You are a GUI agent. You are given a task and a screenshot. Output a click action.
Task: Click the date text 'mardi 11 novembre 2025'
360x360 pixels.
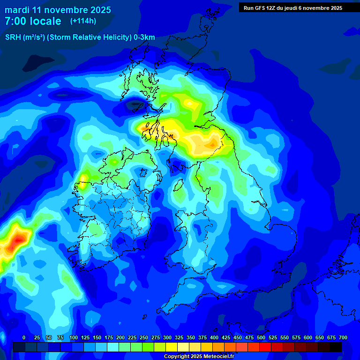pos(58,10)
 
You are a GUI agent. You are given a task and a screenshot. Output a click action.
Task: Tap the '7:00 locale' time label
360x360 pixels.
pos(33,21)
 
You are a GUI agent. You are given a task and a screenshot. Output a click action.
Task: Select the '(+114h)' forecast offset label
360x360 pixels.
pos(83,21)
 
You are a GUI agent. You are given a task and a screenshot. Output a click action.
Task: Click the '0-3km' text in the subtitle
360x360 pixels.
pos(144,37)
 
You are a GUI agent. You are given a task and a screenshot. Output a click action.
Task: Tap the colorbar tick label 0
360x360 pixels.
pos(24,337)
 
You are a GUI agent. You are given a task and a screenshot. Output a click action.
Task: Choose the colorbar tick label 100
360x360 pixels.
pos(74,337)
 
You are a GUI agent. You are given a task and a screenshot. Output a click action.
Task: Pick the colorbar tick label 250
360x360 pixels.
pos(144,337)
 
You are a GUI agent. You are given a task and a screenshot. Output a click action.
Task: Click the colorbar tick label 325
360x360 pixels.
pos(179,337)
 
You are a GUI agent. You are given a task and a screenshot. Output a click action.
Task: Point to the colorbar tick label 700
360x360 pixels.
pos(343,337)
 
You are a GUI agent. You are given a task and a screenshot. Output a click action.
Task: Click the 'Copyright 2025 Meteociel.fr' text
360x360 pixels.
pos(199,357)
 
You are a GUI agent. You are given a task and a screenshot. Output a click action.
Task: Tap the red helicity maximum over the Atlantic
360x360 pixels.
pos(18,240)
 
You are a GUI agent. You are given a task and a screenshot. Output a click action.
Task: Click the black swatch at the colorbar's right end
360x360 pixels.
pos(335,347)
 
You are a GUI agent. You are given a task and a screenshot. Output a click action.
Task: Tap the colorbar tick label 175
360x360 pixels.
pos(109,337)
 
